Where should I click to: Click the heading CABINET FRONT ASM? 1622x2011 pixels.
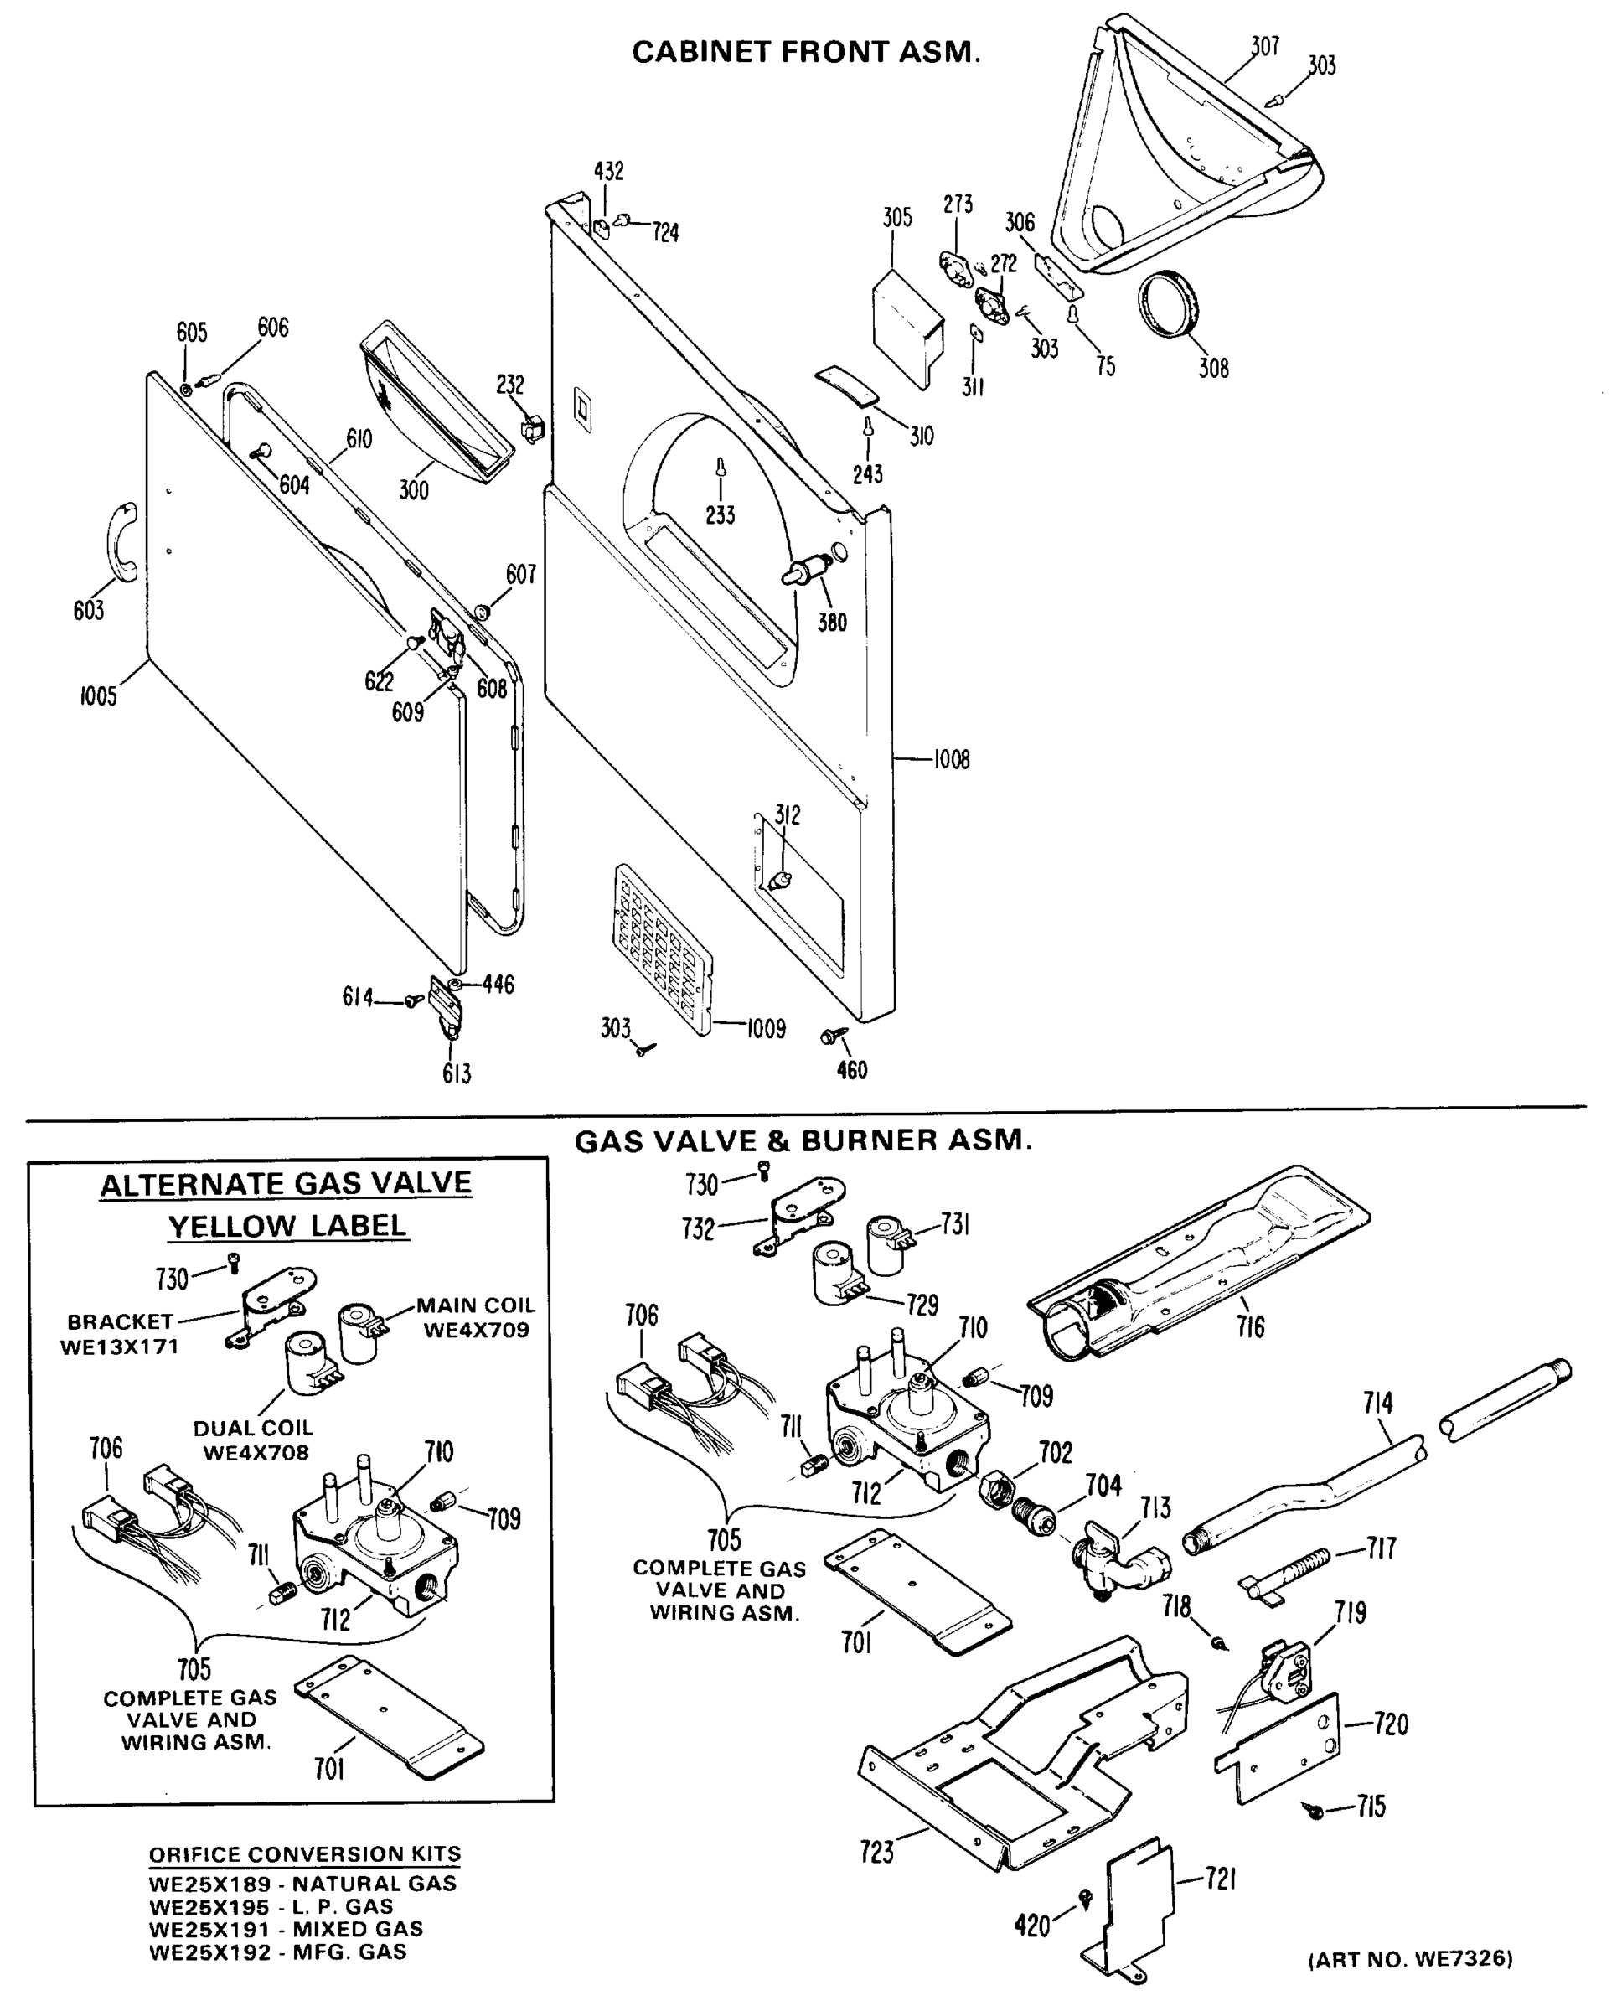[806, 52]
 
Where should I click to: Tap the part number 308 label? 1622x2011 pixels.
[1214, 368]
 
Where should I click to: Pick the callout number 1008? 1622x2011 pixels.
[951, 760]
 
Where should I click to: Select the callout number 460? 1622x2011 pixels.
[852, 1071]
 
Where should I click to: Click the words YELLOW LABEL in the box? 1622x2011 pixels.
[287, 1226]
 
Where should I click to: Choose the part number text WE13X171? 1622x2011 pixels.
[120, 1347]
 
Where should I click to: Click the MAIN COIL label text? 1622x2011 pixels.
[476, 1305]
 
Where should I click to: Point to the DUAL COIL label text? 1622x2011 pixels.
[253, 1428]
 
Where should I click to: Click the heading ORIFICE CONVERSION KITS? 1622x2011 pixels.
[306, 1854]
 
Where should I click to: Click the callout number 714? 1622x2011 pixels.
[1378, 1404]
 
